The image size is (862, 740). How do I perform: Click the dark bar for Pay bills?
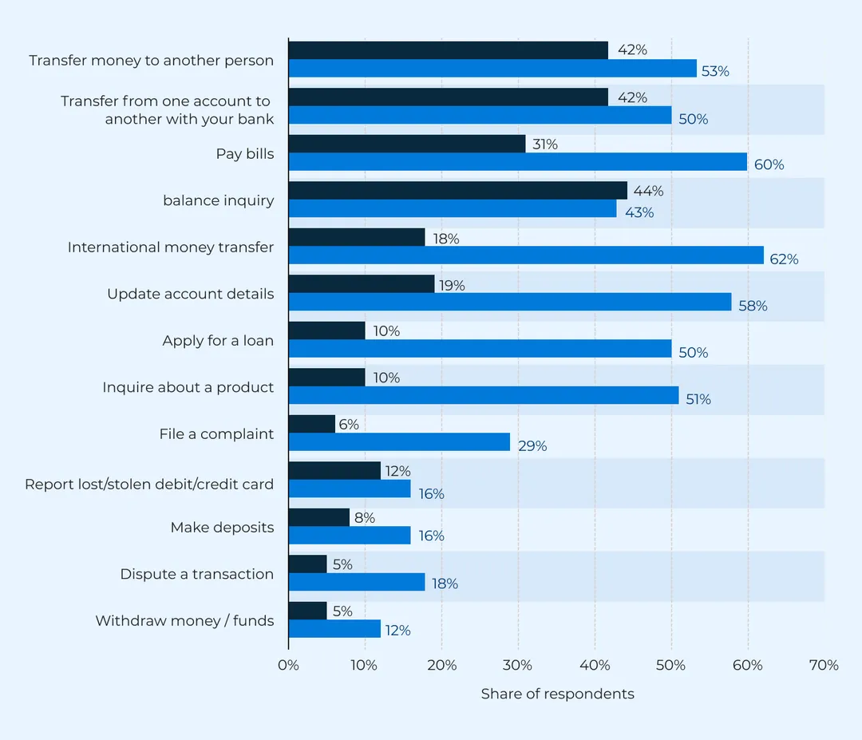[407, 144]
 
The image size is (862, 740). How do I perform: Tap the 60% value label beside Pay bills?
[769, 165]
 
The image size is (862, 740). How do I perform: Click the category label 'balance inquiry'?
[218, 200]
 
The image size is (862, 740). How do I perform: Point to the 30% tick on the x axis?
[518, 665]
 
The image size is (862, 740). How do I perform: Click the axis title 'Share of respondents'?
[557, 694]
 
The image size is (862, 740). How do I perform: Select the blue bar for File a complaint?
[399, 442]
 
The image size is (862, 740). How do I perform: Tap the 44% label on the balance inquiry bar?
[648, 191]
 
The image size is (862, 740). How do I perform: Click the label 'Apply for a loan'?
[218, 341]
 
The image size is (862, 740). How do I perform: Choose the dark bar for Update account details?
[361, 284]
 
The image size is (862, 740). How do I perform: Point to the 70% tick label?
[824, 665]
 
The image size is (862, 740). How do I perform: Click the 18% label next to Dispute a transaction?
[445, 584]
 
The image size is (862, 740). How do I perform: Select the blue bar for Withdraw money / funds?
[334, 629]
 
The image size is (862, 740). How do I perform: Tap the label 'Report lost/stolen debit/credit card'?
[149, 485]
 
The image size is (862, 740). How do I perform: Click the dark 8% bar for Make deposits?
[318, 517]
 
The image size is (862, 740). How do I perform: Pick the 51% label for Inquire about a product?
[698, 399]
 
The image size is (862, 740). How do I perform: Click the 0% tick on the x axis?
[288, 665]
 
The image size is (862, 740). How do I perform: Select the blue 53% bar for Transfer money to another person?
[492, 69]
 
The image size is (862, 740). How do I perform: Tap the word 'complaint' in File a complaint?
[237, 434]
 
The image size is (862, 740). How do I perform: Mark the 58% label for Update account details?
[753, 306]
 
